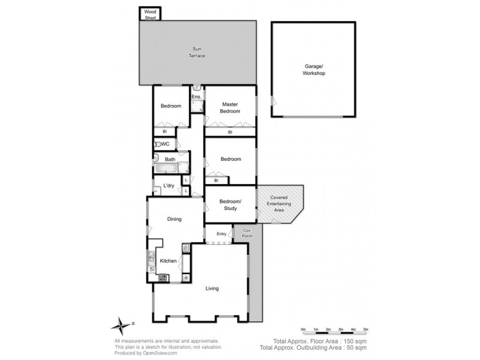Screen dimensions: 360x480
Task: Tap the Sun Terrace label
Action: coord(198,52)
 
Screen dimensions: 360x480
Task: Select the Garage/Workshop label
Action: coord(313,70)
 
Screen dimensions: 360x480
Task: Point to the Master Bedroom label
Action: coord(230,107)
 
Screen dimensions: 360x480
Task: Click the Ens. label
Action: coord(196,97)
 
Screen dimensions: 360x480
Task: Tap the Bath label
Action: coord(170,159)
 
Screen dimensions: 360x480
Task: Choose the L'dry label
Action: coord(169,186)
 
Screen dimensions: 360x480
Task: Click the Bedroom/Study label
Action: coord(230,205)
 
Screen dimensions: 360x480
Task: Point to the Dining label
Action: coord(174,220)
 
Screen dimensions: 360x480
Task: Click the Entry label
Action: coord(221,233)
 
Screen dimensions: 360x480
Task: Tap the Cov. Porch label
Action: coord(247,233)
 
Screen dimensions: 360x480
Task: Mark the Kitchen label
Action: coord(169,261)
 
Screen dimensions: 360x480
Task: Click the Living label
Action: coord(212,289)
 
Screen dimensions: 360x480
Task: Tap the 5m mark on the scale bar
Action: coord(365,329)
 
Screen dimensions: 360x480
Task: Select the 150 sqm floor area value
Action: coord(354,341)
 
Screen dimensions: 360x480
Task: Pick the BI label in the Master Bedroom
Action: coord(230,132)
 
